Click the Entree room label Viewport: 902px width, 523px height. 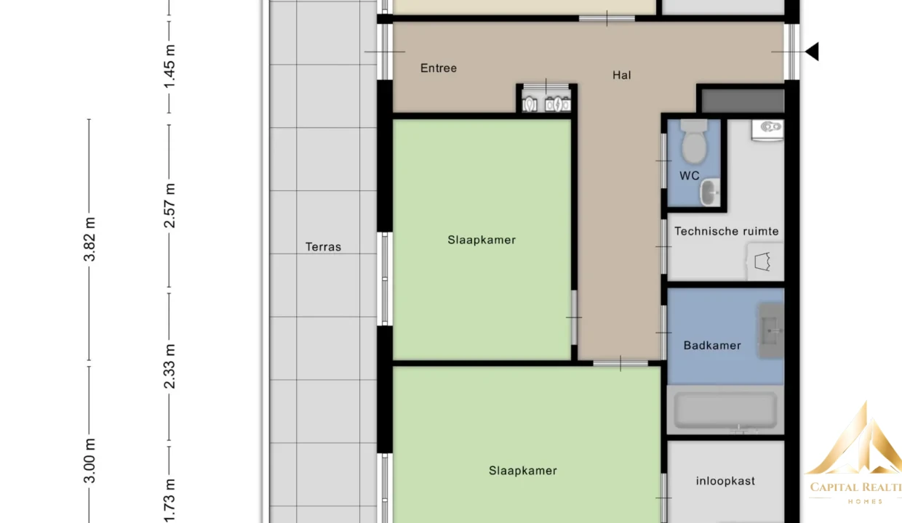point(439,68)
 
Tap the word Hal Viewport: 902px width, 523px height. point(622,75)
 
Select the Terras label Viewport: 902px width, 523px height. point(323,247)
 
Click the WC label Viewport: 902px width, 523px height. point(690,176)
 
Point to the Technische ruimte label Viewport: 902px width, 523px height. point(727,231)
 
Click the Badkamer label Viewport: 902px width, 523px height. point(712,345)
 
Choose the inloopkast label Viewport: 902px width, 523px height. point(725,481)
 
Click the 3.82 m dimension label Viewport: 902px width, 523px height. point(89,239)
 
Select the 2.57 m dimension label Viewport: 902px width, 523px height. point(169,206)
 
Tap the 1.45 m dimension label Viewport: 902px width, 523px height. point(169,66)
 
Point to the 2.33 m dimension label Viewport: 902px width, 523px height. point(169,366)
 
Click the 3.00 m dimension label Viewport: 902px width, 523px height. point(89,461)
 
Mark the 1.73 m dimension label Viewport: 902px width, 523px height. point(169,500)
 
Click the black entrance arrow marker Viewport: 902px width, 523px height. point(813,52)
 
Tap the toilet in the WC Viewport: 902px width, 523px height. point(694,142)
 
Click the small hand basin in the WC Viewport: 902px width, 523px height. point(710,192)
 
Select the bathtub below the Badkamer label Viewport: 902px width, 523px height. point(726,410)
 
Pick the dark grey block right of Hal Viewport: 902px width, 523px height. point(743,100)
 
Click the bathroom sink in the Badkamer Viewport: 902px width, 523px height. point(771,331)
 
